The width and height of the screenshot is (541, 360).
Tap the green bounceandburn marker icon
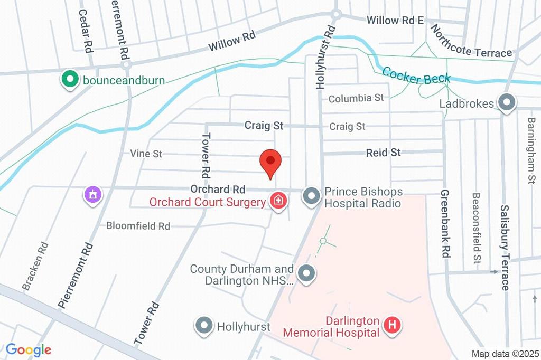tap(68, 80)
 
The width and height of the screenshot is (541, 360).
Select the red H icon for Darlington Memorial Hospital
tap(392, 325)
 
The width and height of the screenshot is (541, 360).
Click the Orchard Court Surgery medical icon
tap(278, 201)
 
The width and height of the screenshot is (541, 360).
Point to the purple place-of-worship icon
tap(93, 194)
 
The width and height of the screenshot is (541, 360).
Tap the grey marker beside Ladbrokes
tap(507, 103)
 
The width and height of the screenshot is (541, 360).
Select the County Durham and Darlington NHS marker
tap(305, 274)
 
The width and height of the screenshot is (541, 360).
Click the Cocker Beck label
tap(416, 75)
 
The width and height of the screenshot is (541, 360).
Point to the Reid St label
tap(384, 153)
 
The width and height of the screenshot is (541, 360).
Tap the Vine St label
tap(146, 154)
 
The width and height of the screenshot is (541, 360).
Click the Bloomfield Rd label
tap(138, 226)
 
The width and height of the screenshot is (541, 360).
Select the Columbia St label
tap(356, 98)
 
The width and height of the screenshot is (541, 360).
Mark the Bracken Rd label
tap(35, 266)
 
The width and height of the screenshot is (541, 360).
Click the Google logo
tap(29, 349)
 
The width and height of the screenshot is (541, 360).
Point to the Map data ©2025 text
tap(505, 354)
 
